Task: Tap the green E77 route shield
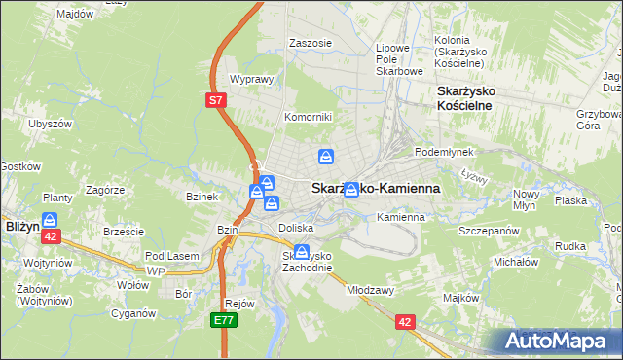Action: (223, 319)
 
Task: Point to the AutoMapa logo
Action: (558, 341)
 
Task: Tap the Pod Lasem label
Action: (171, 255)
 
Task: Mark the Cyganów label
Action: (133, 313)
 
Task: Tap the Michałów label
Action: (516, 262)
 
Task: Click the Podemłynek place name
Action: (443, 152)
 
